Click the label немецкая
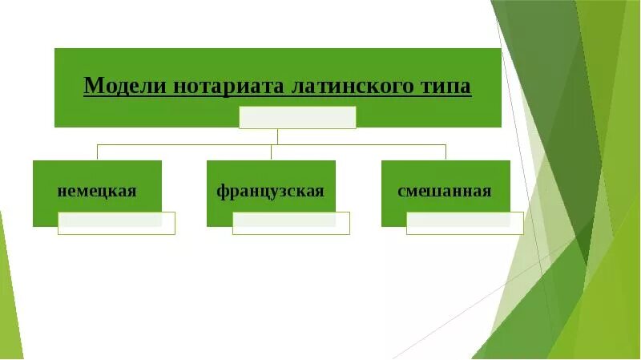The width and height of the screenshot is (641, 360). pyautogui.click(x=97, y=192)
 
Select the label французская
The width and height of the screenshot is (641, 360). pyautogui.click(x=270, y=192)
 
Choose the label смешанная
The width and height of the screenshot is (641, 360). pyautogui.click(x=444, y=192)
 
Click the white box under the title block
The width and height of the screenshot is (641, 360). pyautogui.click(x=297, y=117)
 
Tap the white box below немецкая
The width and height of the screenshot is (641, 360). pyautogui.click(x=116, y=223)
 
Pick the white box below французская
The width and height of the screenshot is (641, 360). pyautogui.click(x=291, y=223)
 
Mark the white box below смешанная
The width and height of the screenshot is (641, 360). pyautogui.click(x=465, y=223)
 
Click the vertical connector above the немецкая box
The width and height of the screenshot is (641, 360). pyautogui.click(x=97, y=152)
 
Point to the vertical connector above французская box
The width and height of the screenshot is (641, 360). pyautogui.click(x=272, y=152)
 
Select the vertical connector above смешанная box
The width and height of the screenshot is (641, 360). pyautogui.click(x=445, y=152)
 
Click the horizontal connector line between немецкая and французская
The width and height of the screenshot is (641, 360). pyautogui.click(x=184, y=145)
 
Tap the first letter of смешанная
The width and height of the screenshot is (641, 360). pyautogui.click(x=401, y=192)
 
